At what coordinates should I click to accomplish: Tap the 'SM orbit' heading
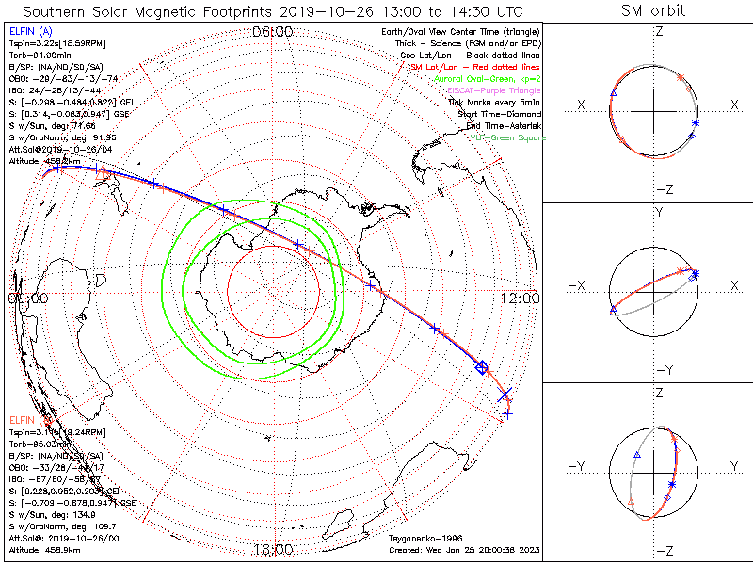653,11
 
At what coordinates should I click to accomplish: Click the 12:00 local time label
520,298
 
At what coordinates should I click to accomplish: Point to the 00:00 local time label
27,298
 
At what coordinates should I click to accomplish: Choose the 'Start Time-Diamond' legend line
498,113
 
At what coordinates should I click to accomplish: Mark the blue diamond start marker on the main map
482,367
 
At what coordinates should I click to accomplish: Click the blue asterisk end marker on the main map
505,394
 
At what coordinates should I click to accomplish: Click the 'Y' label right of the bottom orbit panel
733,466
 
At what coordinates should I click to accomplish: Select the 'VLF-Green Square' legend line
504,137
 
